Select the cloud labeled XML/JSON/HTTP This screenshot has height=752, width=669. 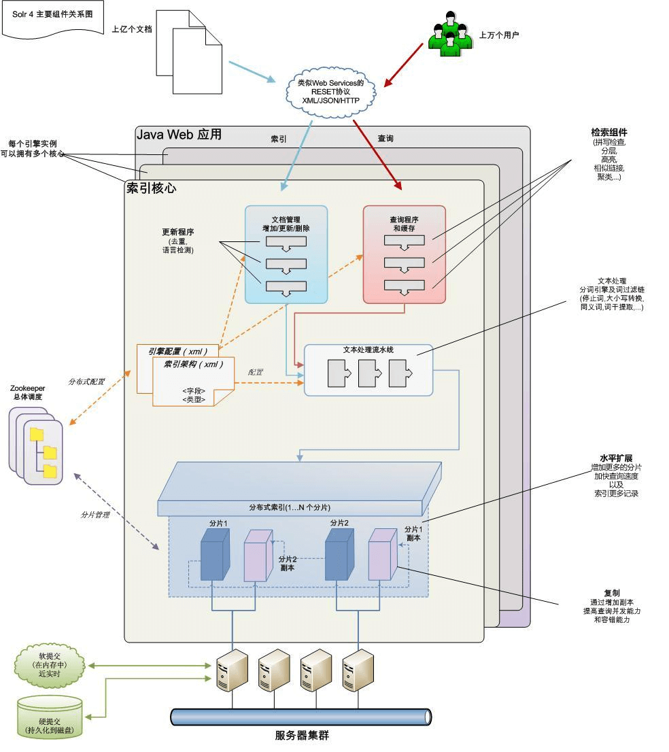[x=330, y=91]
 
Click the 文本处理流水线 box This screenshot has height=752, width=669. [x=368, y=371]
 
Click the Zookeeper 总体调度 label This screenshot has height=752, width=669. [x=28, y=392]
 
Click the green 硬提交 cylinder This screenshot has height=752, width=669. [x=50, y=718]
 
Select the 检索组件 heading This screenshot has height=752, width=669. [x=608, y=133]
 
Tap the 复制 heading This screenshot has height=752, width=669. [x=611, y=593]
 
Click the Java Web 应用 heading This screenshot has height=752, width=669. [x=179, y=135]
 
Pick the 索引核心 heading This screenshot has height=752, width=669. [x=151, y=188]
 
